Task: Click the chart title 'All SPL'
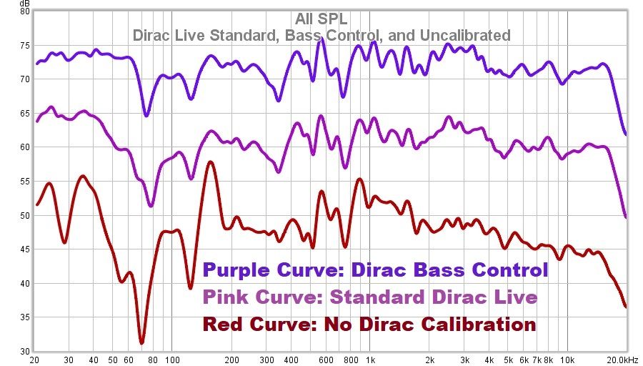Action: tap(321, 19)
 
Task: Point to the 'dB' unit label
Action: tap(25, 4)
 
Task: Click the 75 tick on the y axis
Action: tap(24, 46)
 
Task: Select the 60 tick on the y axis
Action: tap(24, 148)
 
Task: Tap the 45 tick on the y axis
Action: tap(24, 250)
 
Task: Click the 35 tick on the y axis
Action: tap(24, 318)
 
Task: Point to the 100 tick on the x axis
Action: tap(171, 360)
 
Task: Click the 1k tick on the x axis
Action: tap(369, 360)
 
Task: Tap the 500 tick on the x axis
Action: tap(309, 360)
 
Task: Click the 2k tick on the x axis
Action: tap(429, 360)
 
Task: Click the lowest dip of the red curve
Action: tap(141, 342)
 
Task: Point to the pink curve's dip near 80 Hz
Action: tap(151, 206)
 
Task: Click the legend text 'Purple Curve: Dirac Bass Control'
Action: tap(375, 270)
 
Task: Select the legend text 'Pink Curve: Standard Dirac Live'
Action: tap(369, 297)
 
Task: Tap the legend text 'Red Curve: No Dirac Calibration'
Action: tap(369, 324)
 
